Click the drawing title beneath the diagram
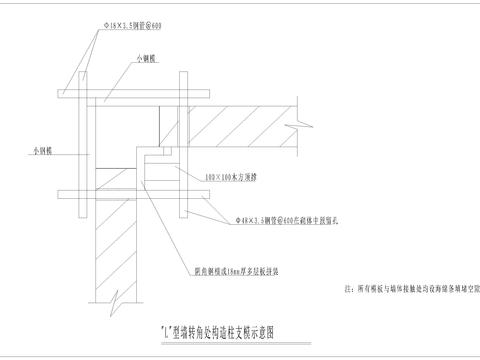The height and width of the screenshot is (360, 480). (x=215, y=327)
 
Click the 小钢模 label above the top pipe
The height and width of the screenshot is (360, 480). (x=147, y=60)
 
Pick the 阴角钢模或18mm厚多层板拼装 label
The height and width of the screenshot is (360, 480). (x=237, y=270)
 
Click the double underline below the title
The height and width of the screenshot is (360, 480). (x=215, y=337)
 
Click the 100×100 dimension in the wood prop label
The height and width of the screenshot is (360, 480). (x=214, y=175)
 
